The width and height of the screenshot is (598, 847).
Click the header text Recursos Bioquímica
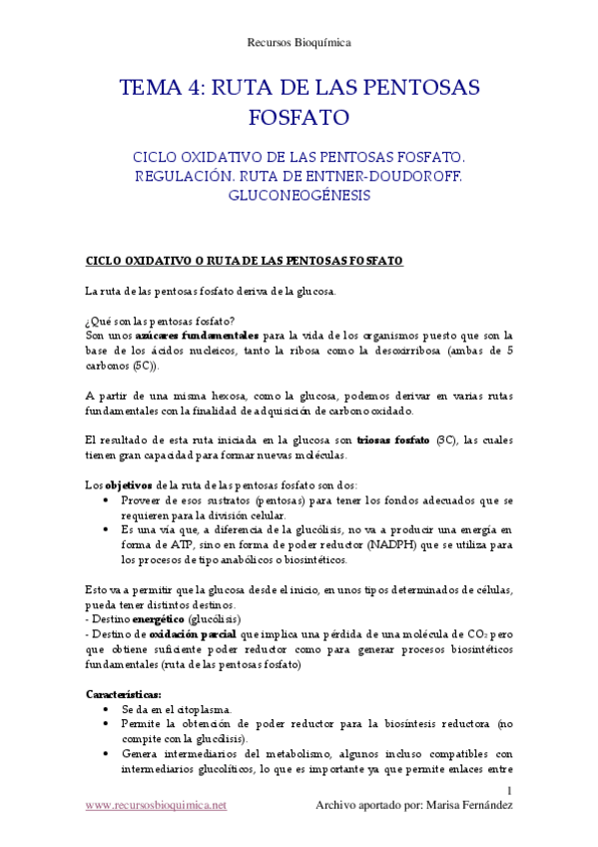[x=299, y=42]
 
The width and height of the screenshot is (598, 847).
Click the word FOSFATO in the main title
[x=299, y=118]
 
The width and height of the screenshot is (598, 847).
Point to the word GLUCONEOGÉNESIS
[x=299, y=196]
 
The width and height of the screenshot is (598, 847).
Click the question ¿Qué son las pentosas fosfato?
[x=160, y=321]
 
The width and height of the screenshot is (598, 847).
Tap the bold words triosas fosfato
[x=393, y=440]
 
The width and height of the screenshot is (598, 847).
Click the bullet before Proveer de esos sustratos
[x=107, y=500]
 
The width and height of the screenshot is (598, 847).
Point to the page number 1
[x=509, y=792]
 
